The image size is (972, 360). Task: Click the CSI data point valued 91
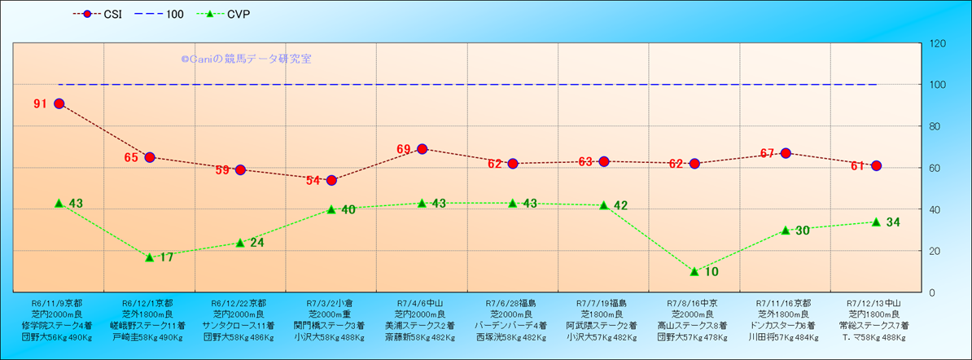point(59,103)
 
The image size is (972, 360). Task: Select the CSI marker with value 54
point(331,180)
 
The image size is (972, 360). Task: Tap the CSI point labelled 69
point(422,149)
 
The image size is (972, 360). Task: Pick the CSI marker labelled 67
point(786,153)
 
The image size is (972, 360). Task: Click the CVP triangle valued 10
point(694,271)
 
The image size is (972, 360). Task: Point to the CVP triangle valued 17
point(150,257)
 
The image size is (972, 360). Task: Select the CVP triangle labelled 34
point(876,222)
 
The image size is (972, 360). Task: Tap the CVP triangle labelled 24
point(240,242)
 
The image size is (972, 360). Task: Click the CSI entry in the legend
point(100,14)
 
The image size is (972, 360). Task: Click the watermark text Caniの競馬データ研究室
point(246,59)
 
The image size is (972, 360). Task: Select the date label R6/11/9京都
point(59,301)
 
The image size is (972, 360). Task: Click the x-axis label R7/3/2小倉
point(331,301)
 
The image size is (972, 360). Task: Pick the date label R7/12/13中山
point(876,301)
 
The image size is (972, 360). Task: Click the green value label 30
point(802,230)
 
